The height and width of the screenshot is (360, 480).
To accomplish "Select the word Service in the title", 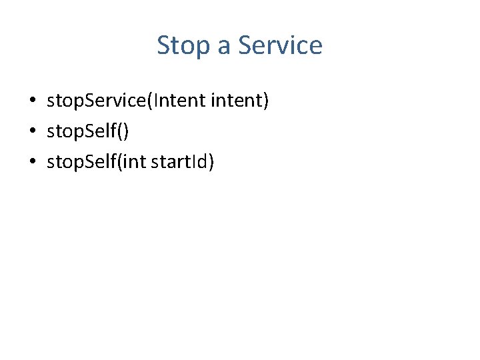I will click(x=280, y=45).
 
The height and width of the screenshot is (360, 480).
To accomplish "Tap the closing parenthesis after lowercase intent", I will click(x=266, y=101).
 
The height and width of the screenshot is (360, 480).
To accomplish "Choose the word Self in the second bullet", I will click(x=102, y=131).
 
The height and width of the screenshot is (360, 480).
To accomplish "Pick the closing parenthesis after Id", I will click(x=211, y=161).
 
